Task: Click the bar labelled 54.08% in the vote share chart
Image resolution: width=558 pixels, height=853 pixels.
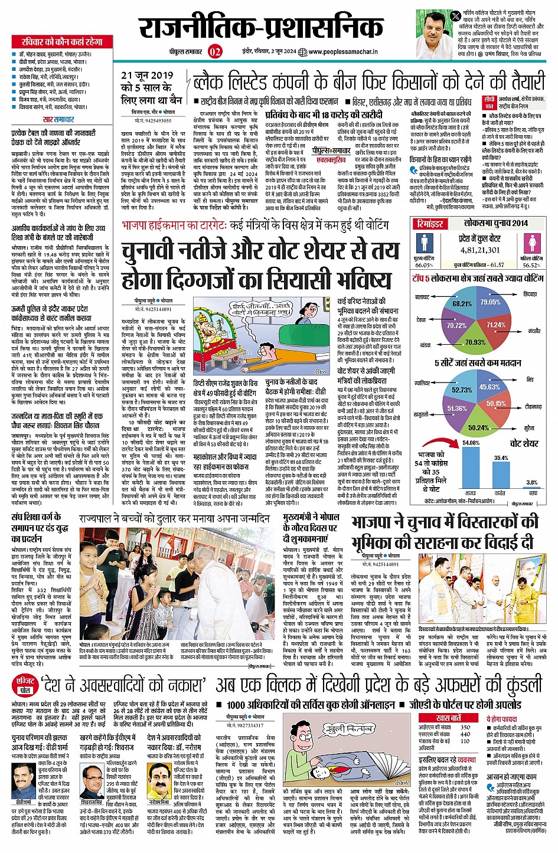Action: (470, 468)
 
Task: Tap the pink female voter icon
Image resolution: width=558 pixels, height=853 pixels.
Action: (532, 243)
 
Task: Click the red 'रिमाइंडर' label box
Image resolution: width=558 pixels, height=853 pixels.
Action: (430, 224)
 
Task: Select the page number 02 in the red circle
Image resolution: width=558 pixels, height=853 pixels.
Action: (215, 52)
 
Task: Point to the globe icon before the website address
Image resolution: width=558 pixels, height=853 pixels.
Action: (303, 52)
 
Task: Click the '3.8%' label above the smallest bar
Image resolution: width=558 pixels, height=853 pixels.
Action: (532, 482)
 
